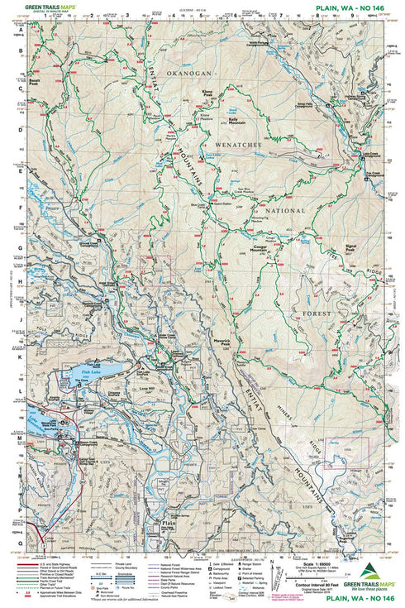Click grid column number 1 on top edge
coord(57,15)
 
